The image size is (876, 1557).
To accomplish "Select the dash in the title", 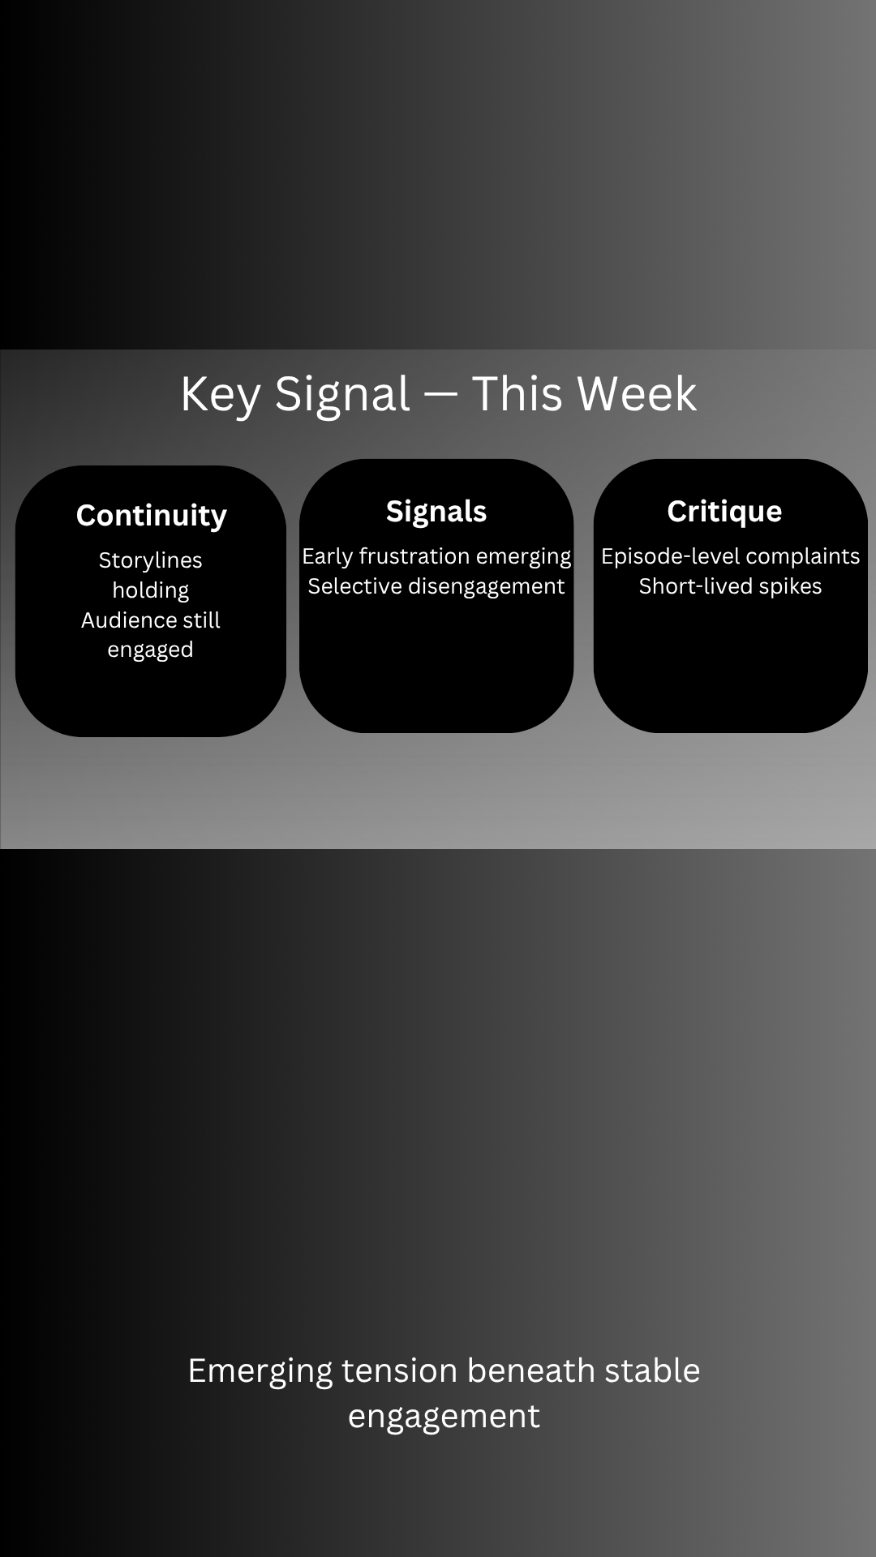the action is (440, 393).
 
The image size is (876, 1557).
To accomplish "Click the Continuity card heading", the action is (152, 517).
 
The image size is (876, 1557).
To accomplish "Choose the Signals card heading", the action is (436, 512).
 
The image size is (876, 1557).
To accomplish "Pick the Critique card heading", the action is (724, 512).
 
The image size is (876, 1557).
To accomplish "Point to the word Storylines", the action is (151, 560).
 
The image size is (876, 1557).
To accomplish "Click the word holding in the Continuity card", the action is (151, 590).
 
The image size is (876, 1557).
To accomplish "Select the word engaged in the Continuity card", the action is (151, 650).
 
